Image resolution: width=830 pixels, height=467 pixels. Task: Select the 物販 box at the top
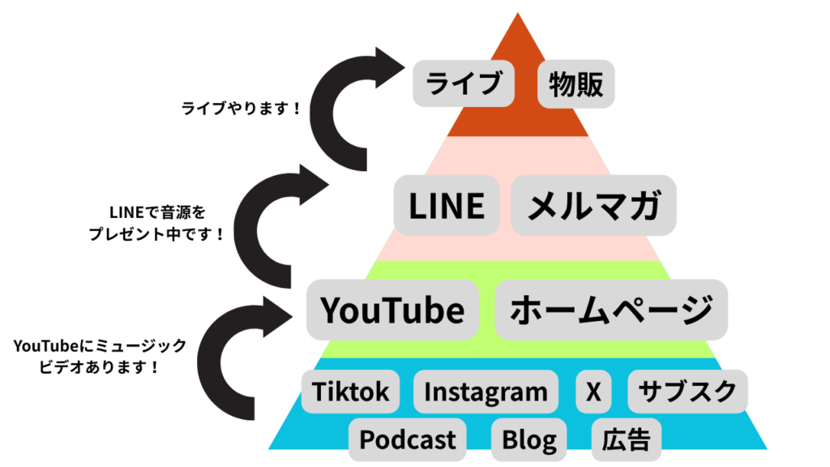[576, 84]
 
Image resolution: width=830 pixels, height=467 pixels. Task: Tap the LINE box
[447, 205]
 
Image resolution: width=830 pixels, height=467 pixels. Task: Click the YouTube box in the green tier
[392, 310]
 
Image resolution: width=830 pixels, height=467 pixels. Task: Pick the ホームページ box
[610, 310]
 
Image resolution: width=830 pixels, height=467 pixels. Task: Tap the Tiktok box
[351, 392]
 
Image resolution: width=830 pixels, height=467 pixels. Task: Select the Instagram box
[486, 392]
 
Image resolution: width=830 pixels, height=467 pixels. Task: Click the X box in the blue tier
[593, 392]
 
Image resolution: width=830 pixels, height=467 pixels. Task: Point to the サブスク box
[687, 392]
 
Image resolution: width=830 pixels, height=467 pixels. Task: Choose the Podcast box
[408, 439]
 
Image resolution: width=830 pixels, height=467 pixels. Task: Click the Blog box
[529, 439]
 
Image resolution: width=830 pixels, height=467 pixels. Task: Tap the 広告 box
[626, 439]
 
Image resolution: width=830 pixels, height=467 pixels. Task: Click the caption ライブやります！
[242, 107]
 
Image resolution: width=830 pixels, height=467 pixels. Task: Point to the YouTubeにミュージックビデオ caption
[100, 356]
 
